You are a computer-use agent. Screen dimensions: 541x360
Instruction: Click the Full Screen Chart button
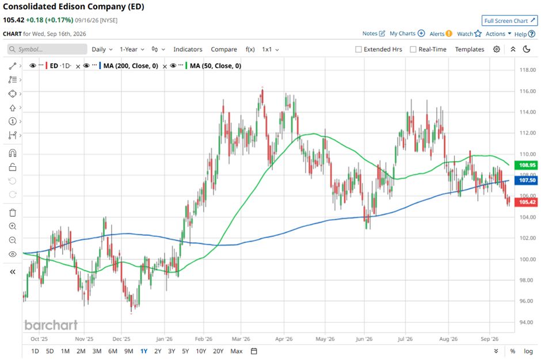[x=509, y=21]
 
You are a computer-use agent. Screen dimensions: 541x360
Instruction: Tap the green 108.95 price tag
[x=526, y=165]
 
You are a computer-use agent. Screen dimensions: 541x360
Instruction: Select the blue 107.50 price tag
[x=526, y=180]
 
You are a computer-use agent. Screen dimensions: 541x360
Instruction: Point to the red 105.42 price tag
[x=526, y=202]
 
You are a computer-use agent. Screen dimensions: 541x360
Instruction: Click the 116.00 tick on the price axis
[x=528, y=91]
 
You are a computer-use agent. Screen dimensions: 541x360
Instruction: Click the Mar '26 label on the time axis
[x=241, y=339]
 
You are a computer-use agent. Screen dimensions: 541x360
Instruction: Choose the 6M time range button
[x=113, y=351]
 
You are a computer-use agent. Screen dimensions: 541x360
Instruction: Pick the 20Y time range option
[x=218, y=351]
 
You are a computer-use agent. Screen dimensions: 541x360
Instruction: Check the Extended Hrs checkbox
[x=359, y=49]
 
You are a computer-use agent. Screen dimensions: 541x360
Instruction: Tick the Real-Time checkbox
[x=413, y=49]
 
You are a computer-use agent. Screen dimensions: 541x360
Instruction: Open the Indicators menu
[x=188, y=49]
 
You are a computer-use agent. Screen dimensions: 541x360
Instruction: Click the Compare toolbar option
[x=224, y=49]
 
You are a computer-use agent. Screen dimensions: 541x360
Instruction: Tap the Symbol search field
[x=47, y=49]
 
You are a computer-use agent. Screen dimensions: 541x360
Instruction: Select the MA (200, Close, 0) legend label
[x=131, y=66]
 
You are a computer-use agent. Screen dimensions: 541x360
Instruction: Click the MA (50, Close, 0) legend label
[x=216, y=66]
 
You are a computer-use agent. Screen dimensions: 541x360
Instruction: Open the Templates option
[x=470, y=49]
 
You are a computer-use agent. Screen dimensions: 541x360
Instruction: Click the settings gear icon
[x=497, y=49]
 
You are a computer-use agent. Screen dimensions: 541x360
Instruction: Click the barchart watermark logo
[x=51, y=325]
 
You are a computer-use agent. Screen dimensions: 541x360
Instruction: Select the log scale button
[x=528, y=351]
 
